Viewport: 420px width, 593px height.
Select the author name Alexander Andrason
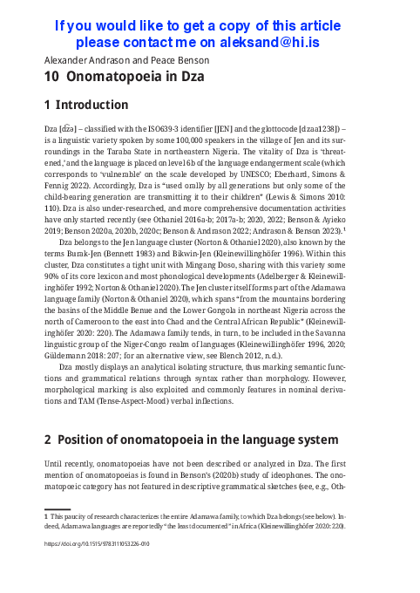click(x=79, y=60)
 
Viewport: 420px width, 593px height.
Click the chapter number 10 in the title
click(x=53, y=77)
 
